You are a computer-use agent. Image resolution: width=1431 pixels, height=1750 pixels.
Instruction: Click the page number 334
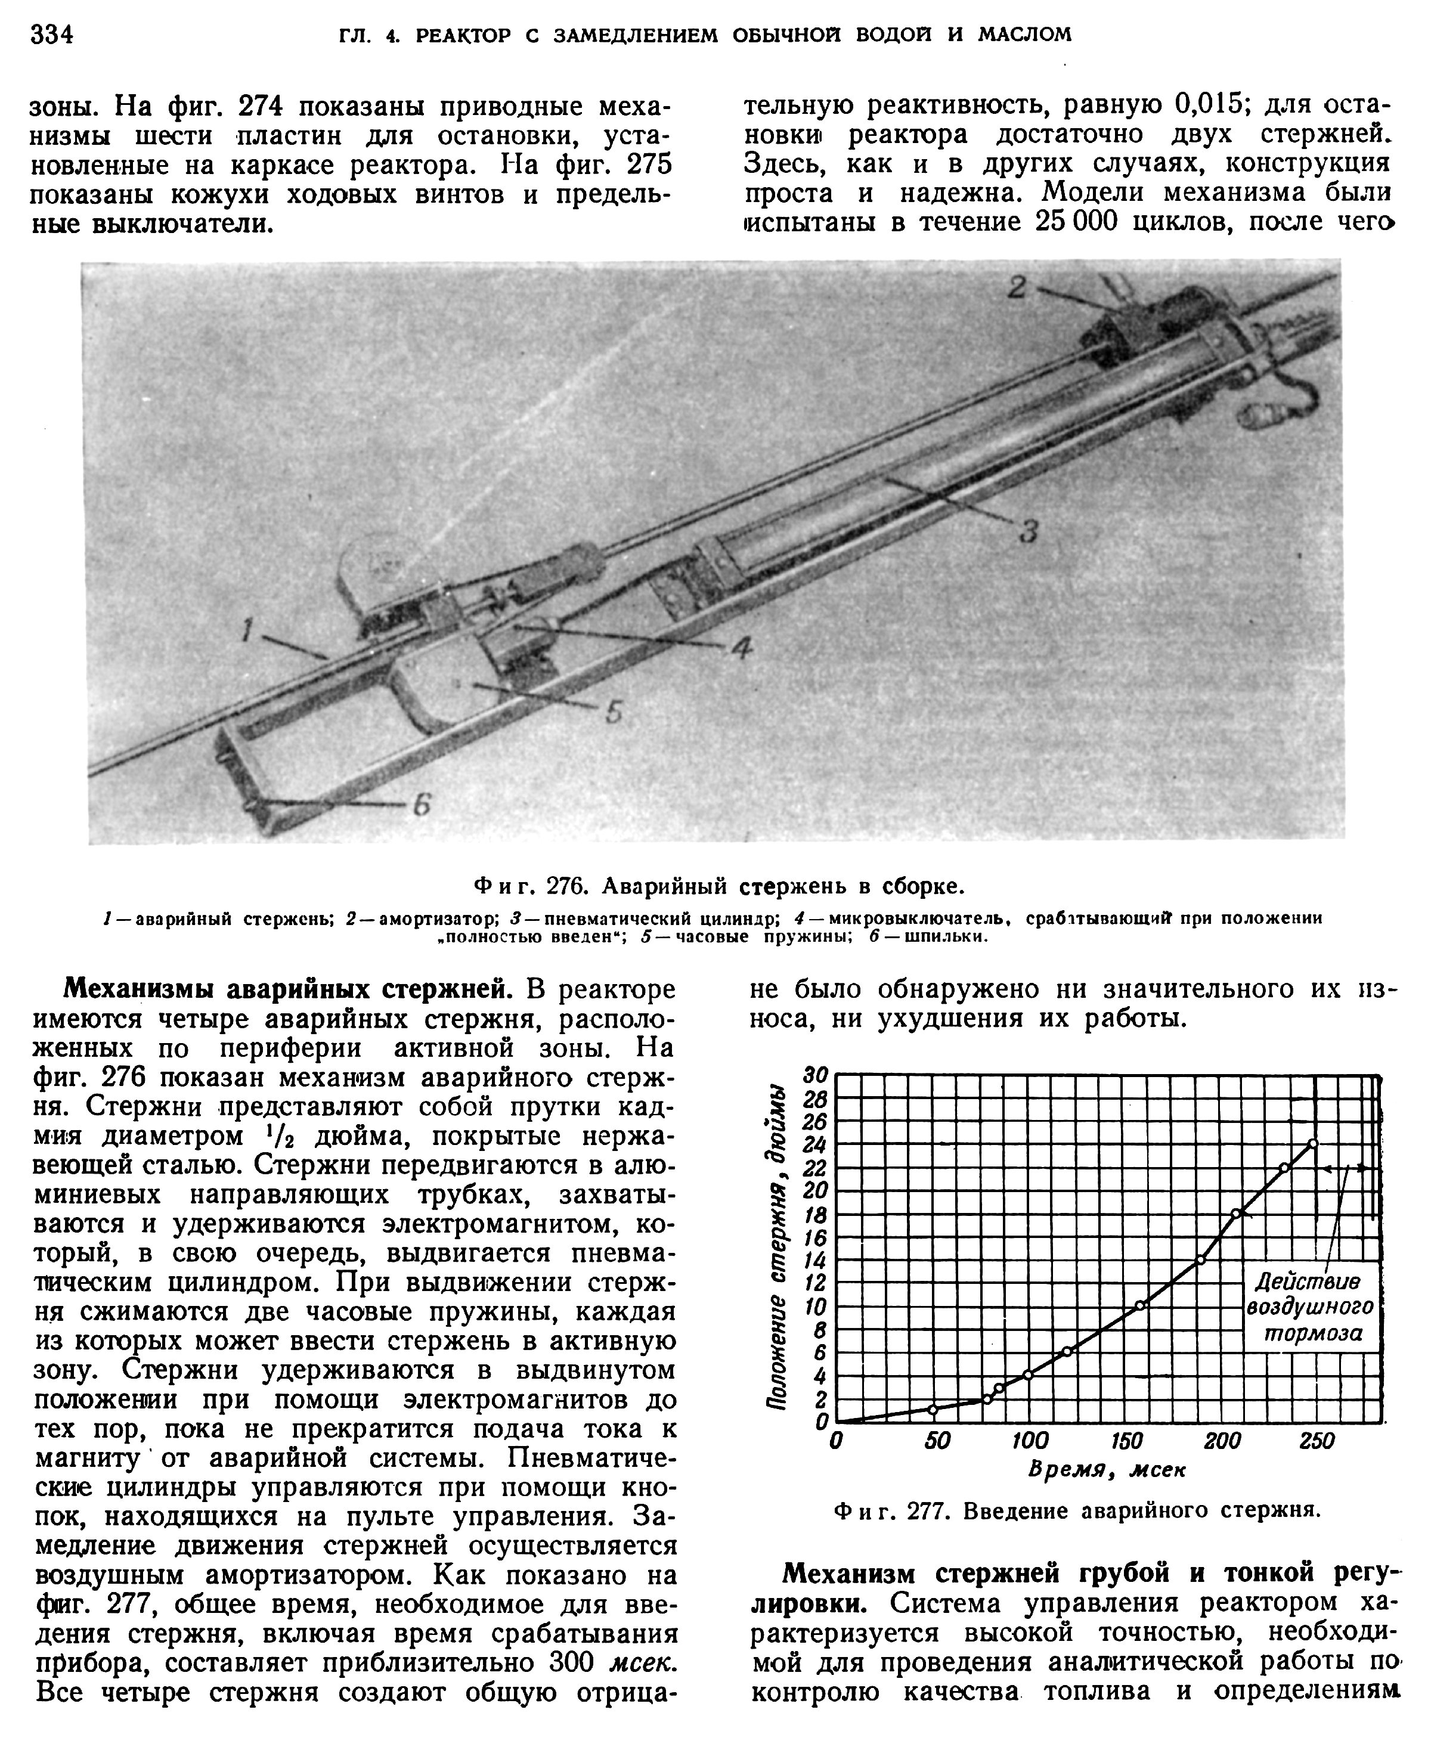[x=52, y=35]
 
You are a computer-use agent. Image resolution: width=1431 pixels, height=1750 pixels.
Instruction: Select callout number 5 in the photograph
[x=614, y=712]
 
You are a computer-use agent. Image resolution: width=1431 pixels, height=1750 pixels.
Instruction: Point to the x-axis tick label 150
[x=1126, y=1441]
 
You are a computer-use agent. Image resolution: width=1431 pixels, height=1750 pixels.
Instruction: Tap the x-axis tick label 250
[x=1317, y=1441]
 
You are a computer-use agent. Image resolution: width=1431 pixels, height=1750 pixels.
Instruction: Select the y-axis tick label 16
[x=815, y=1237]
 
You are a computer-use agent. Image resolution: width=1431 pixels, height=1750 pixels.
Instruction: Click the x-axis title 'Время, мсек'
[x=1106, y=1470]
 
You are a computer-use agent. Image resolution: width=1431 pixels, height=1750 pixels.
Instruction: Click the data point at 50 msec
[x=933, y=1410]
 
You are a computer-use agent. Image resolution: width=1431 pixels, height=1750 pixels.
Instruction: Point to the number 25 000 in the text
[x=1073, y=222]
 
